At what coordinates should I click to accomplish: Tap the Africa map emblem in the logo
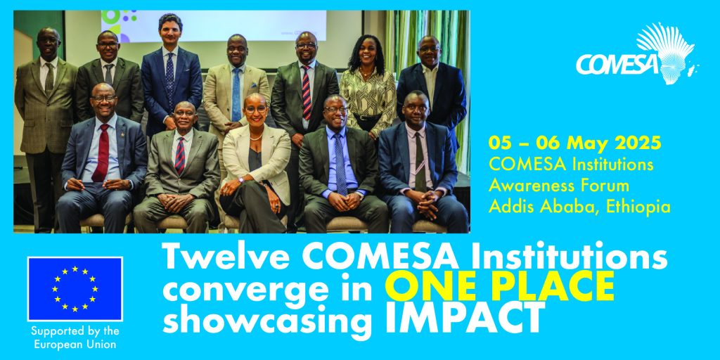pos(668,53)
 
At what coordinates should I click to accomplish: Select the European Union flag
pos(75,289)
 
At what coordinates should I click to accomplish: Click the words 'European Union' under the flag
pos(74,344)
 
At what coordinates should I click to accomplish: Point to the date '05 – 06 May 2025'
pos(574,143)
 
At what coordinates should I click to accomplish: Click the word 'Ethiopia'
pos(638,207)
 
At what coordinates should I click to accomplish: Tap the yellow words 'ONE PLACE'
pos(502,285)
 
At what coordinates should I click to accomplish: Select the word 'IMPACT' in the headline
pos(465,317)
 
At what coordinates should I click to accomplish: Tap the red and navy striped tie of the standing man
pos(307,92)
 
